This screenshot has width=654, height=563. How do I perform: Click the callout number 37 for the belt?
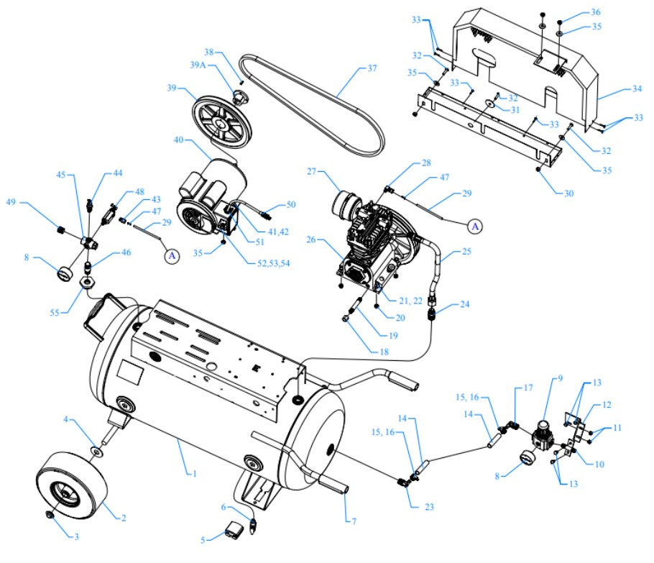(372, 70)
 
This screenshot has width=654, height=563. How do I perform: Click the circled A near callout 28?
(474, 226)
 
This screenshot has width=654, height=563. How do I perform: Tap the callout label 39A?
(199, 66)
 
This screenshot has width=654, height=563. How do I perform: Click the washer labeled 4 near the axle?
(95, 453)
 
